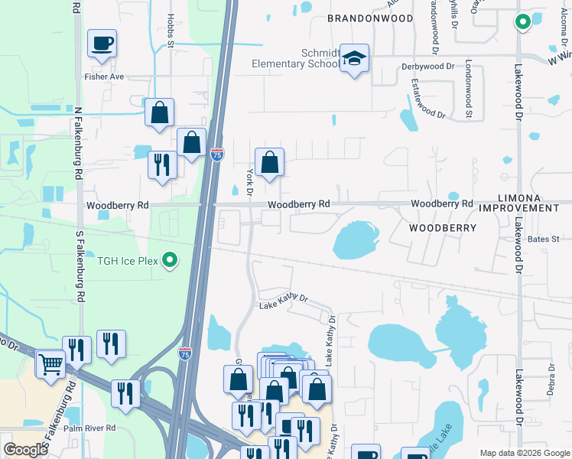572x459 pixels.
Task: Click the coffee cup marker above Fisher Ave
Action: [102, 44]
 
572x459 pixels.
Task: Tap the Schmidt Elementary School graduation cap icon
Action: [355, 60]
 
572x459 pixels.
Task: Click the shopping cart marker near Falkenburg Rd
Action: [51, 364]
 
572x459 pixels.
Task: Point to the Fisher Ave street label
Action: [105, 76]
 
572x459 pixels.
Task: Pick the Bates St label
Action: [544, 239]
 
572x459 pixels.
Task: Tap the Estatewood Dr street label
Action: [427, 99]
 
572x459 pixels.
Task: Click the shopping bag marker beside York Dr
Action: [269, 163]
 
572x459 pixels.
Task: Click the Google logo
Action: [26, 450]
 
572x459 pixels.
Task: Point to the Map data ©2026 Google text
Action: [524, 453]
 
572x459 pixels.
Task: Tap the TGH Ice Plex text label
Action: [127, 261]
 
